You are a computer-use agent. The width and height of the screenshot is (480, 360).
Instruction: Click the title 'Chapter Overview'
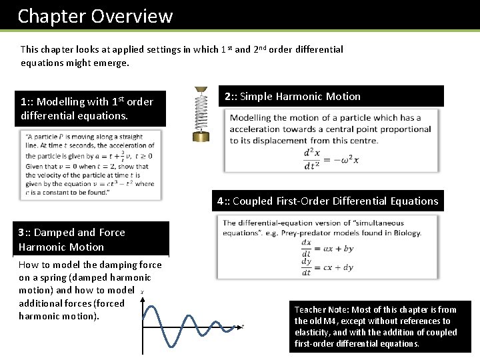point(95,16)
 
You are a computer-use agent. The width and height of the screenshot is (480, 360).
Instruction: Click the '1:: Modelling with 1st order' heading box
point(91,108)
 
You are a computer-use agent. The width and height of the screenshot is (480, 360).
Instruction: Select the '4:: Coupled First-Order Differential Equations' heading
point(327,201)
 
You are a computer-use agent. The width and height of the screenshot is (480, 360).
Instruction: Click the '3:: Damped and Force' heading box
point(91,239)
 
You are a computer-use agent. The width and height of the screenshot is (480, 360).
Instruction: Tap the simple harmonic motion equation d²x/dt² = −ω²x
point(331,158)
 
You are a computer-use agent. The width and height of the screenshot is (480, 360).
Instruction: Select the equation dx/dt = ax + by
point(327,249)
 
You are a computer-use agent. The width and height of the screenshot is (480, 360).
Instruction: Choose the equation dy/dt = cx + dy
point(327,267)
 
